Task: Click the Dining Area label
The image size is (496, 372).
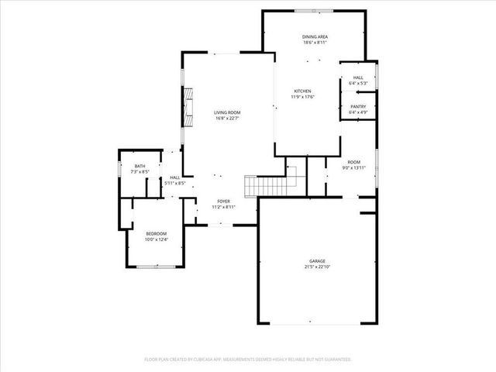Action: (314, 36)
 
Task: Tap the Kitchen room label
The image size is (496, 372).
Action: (302, 91)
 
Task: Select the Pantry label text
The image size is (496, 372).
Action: (358, 106)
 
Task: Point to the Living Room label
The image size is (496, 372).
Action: (227, 113)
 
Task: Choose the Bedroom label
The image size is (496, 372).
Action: (156, 234)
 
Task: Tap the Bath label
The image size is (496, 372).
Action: (139, 166)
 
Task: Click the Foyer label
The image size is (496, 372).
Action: (224, 201)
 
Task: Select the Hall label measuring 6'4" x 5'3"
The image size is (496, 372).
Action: (358, 77)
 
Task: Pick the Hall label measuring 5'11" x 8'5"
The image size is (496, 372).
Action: (174, 177)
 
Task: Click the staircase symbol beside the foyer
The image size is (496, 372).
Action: (260, 186)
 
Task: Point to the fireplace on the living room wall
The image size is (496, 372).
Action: (187, 106)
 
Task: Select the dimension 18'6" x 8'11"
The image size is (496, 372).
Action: (314, 43)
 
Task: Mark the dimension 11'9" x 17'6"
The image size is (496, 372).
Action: (302, 97)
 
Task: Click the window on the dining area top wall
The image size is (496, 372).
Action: (315, 11)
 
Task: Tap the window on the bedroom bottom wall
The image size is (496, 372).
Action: (156, 267)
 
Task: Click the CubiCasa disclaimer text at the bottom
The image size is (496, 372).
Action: (248, 360)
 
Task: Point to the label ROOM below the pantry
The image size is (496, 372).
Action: (354, 161)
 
